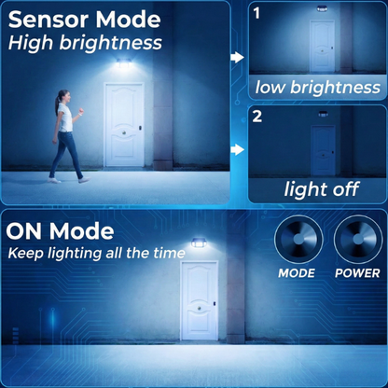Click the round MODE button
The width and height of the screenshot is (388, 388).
[x=298, y=240]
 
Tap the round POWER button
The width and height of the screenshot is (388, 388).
[x=358, y=240]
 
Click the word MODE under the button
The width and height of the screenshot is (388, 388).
[x=297, y=273]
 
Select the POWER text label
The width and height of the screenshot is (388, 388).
[x=357, y=273]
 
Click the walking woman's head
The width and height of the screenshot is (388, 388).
[x=62, y=96]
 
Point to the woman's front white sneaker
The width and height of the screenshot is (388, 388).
[x=84, y=180]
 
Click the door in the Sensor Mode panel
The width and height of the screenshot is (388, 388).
[x=124, y=125]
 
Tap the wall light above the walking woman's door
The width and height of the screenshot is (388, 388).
[x=125, y=63]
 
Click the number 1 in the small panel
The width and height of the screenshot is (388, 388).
[x=256, y=14]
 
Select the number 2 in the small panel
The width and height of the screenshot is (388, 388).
[x=257, y=117]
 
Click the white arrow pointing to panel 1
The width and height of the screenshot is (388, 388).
[x=238, y=57]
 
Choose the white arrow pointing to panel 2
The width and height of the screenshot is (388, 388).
[x=238, y=149]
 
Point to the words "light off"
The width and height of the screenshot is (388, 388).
[x=322, y=189]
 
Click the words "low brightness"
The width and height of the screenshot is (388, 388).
[x=318, y=88]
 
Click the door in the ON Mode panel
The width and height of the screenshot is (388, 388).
[x=200, y=300]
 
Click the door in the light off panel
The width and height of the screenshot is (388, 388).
[x=324, y=150]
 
